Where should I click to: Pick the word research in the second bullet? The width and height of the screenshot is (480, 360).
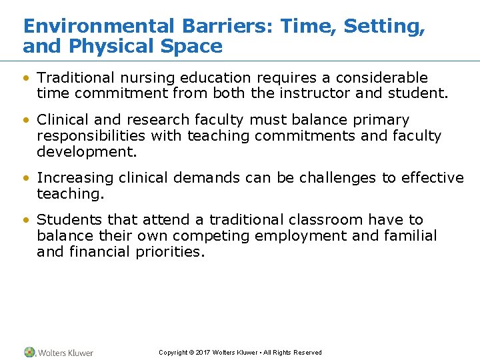pyautogui.click(x=153, y=120)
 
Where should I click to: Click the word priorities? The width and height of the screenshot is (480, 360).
pyautogui.click(x=169, y=252)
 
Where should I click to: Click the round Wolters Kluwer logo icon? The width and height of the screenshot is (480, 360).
pyautogui.click(x=29, y=352)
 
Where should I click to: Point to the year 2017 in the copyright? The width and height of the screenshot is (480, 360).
pyautogui.click(x=203, y=353)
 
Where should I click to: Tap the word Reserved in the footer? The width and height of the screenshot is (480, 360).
pyautogui.click(x=307, y=353)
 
